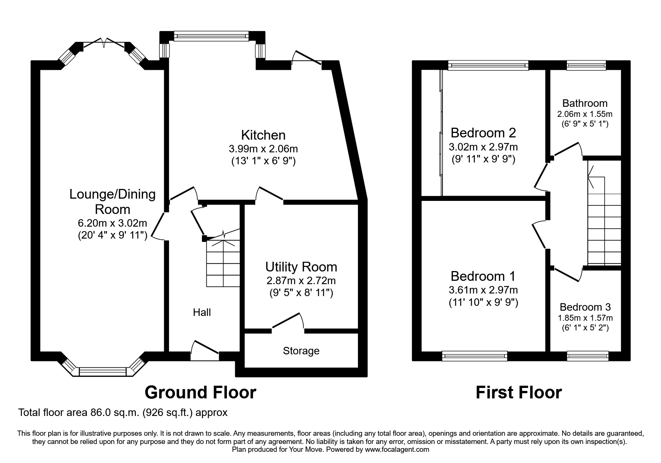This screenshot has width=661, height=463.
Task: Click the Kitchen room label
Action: [x=263, y=135]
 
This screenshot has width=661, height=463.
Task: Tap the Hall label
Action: [x=202, y=312]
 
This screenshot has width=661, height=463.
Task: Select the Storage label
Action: [x=301, y=351]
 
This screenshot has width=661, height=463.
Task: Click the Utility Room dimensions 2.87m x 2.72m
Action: [x=301, y=280]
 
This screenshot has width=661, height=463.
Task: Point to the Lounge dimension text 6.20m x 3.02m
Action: [x=112, y=223]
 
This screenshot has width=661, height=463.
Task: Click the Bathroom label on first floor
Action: [x=585, y=103]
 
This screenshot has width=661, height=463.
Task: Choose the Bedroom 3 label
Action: [x=585, y=307]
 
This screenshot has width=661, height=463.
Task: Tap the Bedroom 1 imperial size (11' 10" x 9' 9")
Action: [x=483, y=302]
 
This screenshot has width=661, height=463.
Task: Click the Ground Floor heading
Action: [x=200, y=392]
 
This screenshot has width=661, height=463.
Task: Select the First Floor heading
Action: [x=518, y=392]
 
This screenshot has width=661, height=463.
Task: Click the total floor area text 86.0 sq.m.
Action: [x=123, y=413]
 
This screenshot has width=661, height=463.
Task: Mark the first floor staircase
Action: [x=604, y=220]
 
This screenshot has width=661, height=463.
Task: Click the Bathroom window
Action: [x=586, y=66]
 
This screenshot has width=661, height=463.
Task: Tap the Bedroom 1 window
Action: [x=474, y=356]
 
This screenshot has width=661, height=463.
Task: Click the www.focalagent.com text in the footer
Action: [x=397, y=450]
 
